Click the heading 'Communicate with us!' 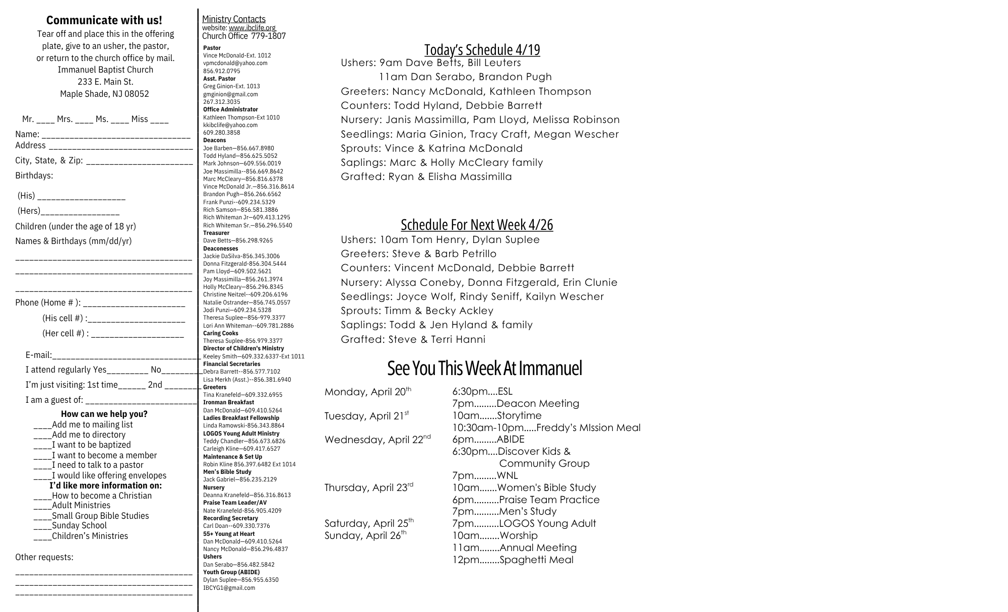[104, 20]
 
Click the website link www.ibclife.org [252, 28]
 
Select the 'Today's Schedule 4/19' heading [482, 50]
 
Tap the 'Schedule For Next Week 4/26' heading [477, 225]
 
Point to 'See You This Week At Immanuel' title [484, 368]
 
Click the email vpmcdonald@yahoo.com [235, 63]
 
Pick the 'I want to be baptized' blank [43, 445]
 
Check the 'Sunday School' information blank [43, 526]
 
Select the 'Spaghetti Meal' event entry [536, 560]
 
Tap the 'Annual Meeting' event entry [538, 547]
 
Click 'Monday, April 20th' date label [368, 392]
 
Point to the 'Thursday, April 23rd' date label [369, 487]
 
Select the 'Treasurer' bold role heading [216, 233]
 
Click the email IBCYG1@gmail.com [229, 588]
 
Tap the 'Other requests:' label [44, 557]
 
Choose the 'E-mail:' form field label [39, 355]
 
